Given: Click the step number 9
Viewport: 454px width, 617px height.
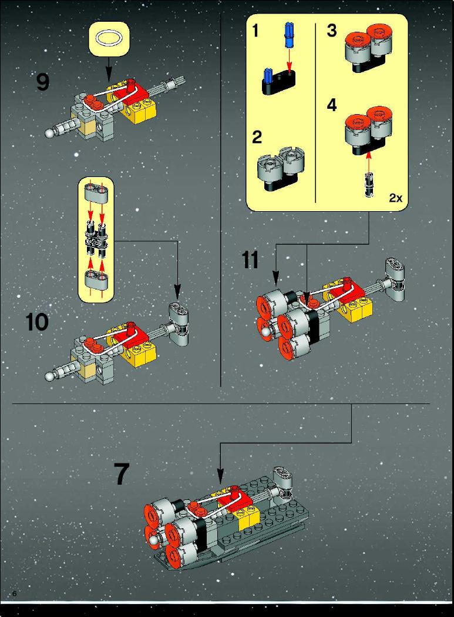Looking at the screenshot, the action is pos(43,82).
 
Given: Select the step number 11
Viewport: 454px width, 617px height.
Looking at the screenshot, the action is pos(250,260).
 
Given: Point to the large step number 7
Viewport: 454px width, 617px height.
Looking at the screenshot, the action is pos(122,473).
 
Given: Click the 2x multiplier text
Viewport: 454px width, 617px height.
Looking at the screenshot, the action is pos(396,198).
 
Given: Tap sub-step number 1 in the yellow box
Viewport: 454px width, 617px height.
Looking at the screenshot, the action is pos(256,31).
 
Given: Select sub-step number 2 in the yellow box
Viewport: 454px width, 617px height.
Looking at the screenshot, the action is pos(257,137).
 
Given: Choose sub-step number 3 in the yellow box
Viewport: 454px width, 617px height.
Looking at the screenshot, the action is pos(332,31).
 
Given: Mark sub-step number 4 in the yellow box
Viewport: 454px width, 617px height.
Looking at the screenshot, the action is pos(332,105).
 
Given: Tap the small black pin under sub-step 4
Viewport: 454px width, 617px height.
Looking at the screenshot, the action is pos(369,185).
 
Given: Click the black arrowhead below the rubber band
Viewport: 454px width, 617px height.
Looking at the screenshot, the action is pos(109,76).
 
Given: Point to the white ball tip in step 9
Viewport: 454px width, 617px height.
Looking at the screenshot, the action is pos(49,134).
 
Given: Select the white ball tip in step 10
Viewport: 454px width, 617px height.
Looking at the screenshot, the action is pos(49,376).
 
